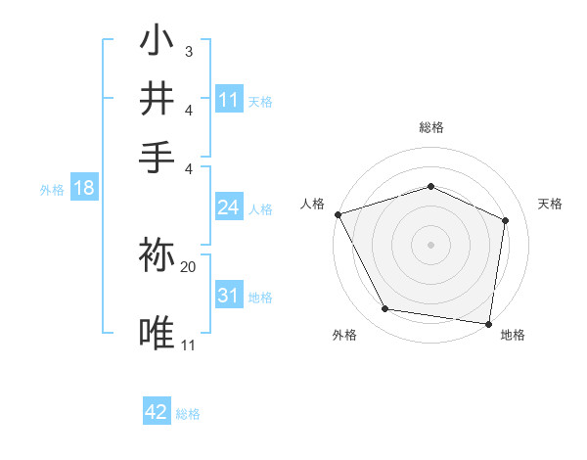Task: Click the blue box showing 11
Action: pyautogui.click(x=229, y=99)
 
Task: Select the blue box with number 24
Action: pyautogui.click(x=229, y=207)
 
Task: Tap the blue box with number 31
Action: pyautogui.click(x=229, y=296)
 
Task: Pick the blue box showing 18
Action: pyautogui.click(x=84, y=188)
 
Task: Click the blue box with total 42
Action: pyautogui.click(x=157, y=412)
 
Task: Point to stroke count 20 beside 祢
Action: pyautogui.click(x=189, y=266)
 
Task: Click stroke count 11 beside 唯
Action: pyautogui.click(x=189, y=345)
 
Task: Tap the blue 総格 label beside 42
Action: pyautogui.click(x=188, y=414)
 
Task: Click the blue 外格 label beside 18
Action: pyautogui.click(x=51, y=190)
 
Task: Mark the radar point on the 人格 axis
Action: pyautogui.click(x=338, y=214)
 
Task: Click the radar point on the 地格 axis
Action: pyautogui.click(x=489, y=323)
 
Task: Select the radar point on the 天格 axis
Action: pyautogui.click(x=506, y=220)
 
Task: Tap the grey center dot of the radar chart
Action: pyautogui.click(x=430, y=244)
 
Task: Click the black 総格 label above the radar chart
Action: pyautogui.click(x=430, y=127)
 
